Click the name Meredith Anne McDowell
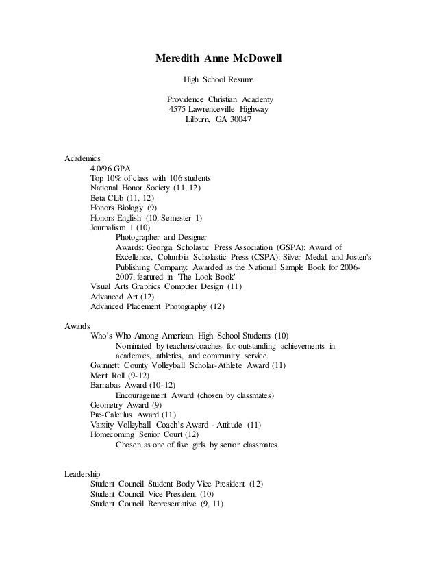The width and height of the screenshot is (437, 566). click(218, 58)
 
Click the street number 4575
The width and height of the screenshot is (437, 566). click(179, 109)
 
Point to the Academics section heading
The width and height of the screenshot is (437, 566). click(82, 158)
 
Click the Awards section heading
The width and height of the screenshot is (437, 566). click(77, 326)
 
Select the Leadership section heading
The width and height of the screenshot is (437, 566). click(82, 474)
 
